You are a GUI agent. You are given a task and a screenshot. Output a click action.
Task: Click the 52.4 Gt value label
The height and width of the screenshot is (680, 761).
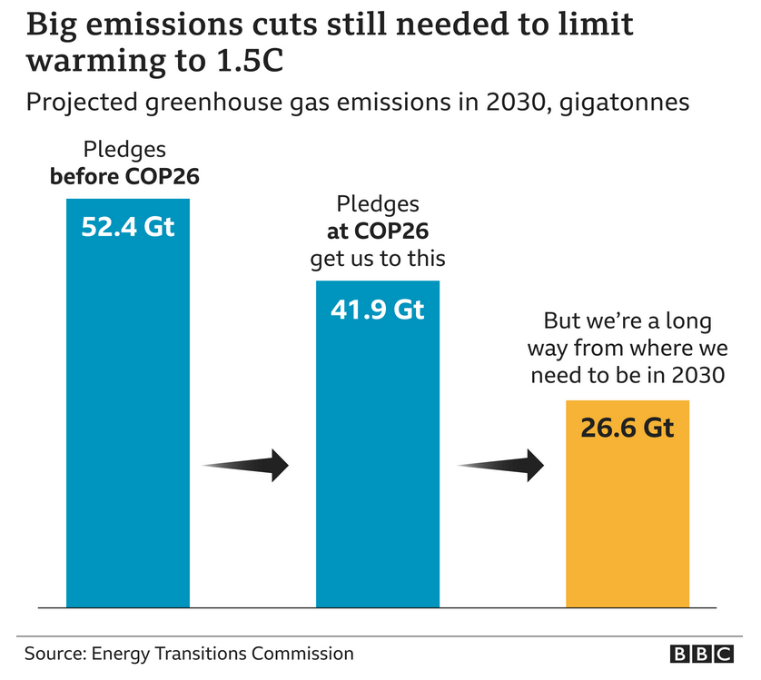click(x=127, y=227)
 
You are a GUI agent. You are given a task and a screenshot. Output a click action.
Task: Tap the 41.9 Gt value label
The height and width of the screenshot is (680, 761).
click(x=377, y=310)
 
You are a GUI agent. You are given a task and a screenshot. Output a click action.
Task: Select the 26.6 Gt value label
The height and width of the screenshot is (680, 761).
click(x=628, y=427)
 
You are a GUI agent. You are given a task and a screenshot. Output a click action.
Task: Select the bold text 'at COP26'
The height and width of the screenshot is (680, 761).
click(x=378, y=231)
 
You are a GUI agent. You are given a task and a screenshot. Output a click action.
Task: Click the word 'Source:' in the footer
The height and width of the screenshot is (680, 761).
click(x=55, y=654)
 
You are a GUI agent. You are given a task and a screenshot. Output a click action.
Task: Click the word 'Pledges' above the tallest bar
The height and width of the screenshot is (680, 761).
click(x=124, y=149)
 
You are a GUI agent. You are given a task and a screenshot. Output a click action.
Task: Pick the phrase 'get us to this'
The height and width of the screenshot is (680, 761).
click(x=378, y=258)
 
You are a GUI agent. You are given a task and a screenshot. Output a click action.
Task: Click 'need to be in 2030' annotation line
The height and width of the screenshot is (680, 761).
click(x=628, y=374)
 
